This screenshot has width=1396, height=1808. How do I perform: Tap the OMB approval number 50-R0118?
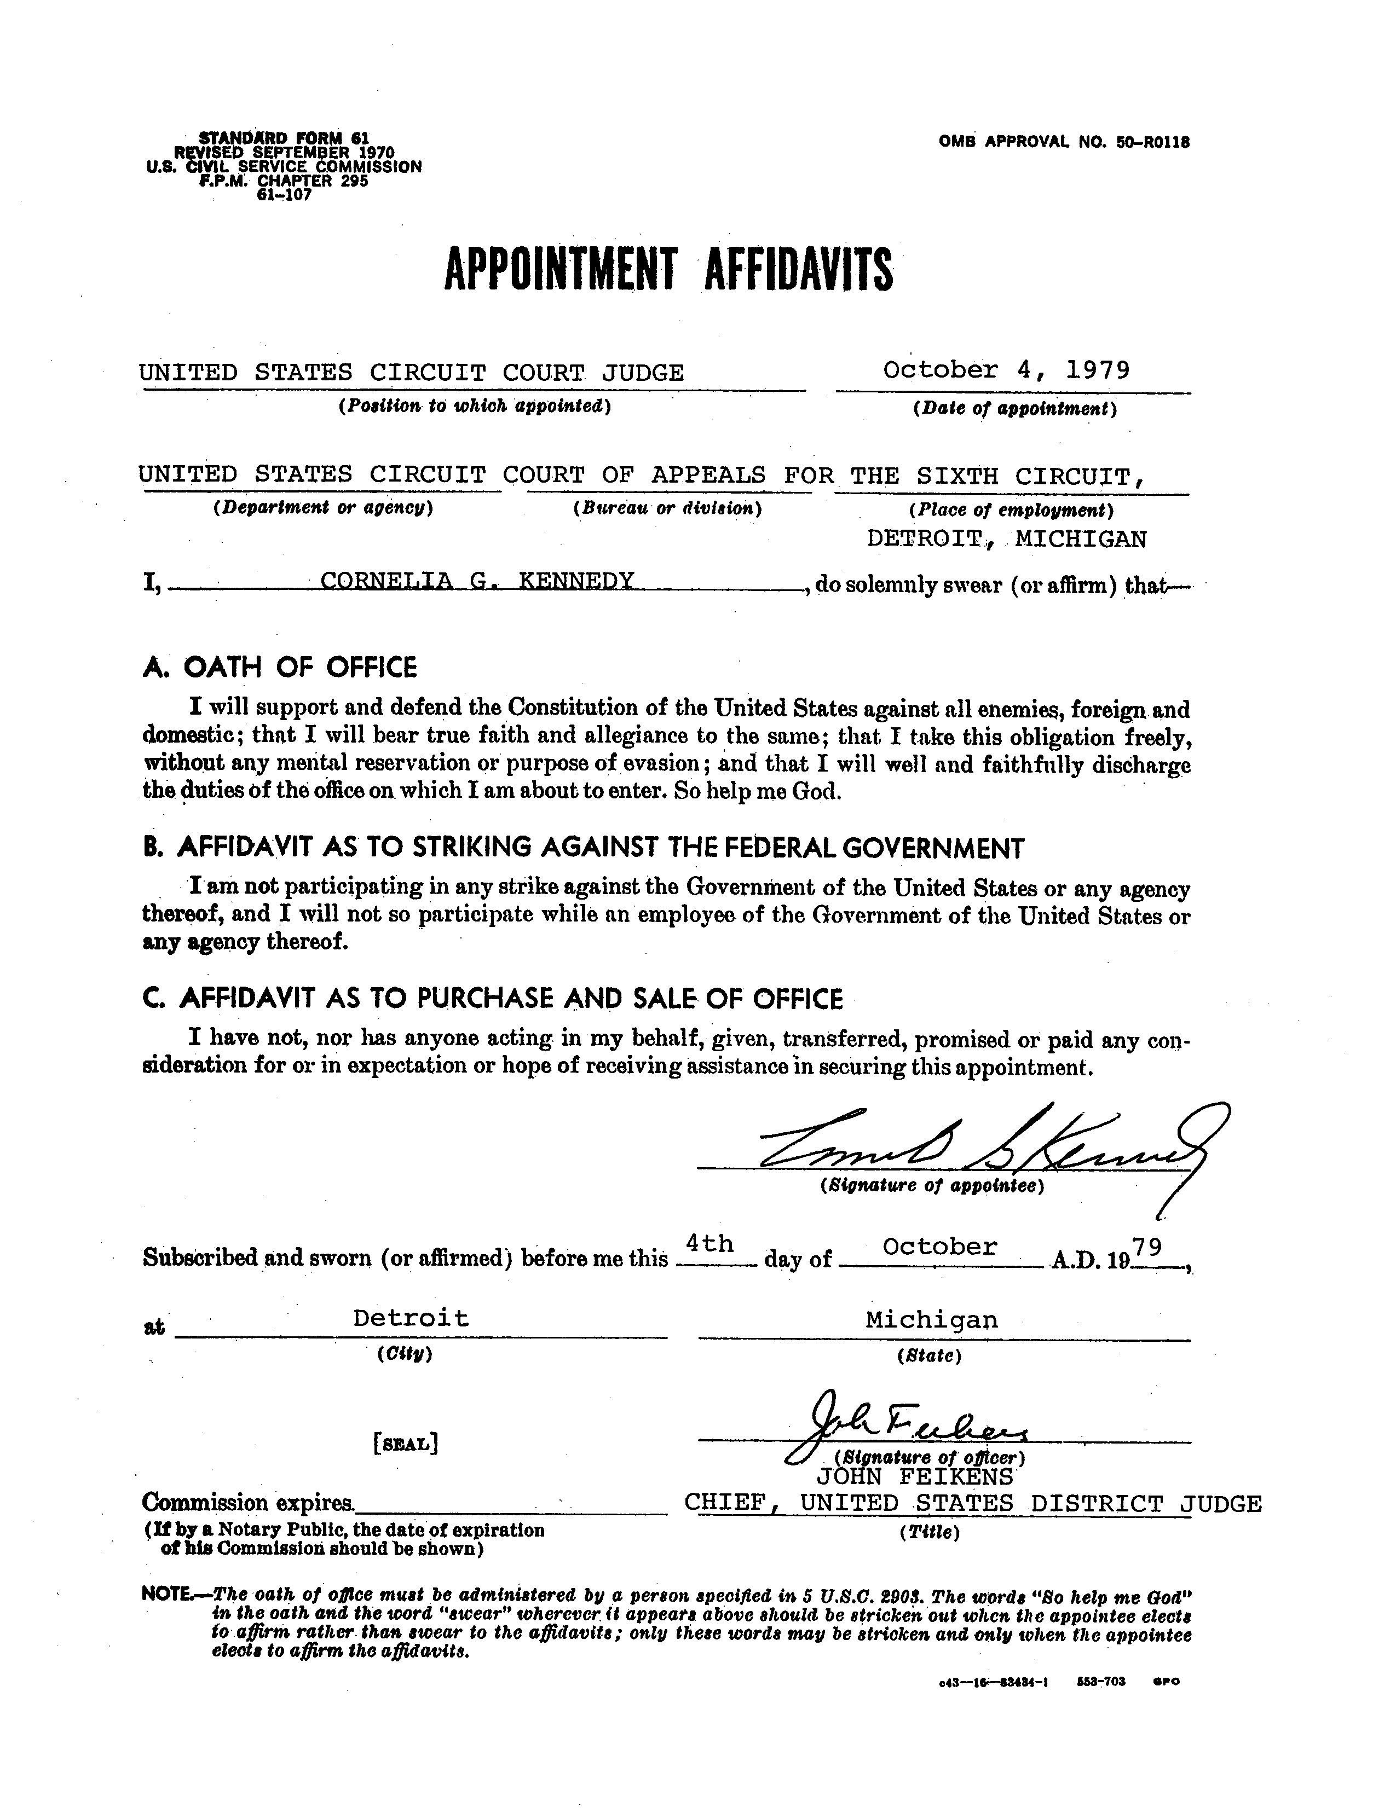click(x=1064, y=142)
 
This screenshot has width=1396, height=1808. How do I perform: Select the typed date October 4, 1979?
click(x=1006, y=369)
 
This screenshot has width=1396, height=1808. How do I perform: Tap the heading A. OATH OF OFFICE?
click(x=280, y=667)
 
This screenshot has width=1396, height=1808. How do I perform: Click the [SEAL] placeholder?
click(x=406, y=1444)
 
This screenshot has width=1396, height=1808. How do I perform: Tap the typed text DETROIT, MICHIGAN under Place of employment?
click(x=1007, y=539)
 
